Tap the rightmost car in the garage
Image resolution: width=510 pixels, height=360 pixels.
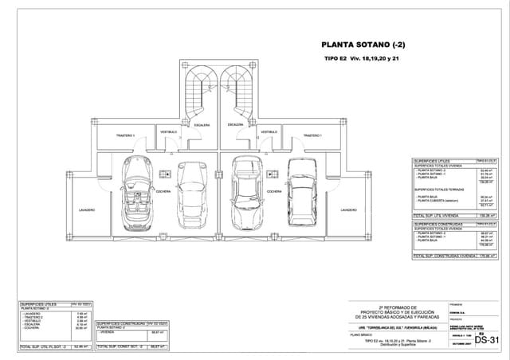tap(302, 191)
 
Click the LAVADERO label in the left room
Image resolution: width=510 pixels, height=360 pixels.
tap(87, 209)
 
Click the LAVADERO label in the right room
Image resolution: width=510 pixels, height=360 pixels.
tap(348, 209)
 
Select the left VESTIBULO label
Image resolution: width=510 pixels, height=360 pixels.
tap(169, 131)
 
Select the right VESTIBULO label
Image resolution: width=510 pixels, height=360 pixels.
tap(269, 131)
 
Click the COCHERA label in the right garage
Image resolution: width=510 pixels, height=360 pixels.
tap(273, 192)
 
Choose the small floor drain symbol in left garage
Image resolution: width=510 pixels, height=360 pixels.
tap(167, 171)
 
